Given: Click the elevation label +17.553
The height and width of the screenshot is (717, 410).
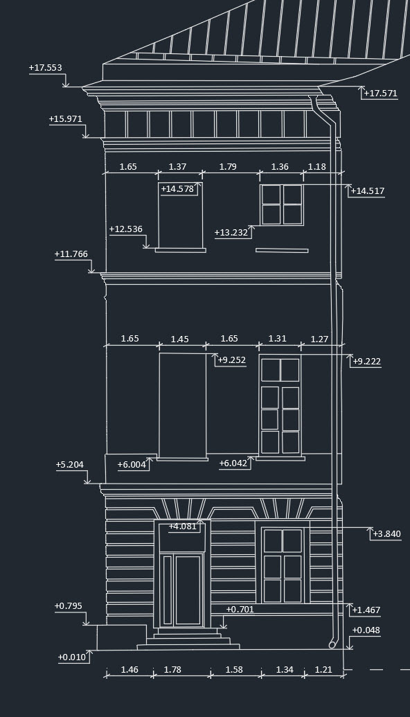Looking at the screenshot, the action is pyautogui.click(x=45, y=68).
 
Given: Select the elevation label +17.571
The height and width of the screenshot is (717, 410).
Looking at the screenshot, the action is pyautogui.click(x=380, y=94).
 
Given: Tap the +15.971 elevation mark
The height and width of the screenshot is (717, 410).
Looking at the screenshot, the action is pyautogui.click(x=65, y=119).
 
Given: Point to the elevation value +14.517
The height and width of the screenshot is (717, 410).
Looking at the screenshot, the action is pyautogui.click(x=368, y=191).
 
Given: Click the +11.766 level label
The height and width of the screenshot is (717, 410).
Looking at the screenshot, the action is pyautogui.click(x=71, y=254).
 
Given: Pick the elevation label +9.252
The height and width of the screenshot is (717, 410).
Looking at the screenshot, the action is pyautogui.click(x=232, y=360).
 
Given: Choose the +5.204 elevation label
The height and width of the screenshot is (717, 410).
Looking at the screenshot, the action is pyautogui.click(x=70, y=465).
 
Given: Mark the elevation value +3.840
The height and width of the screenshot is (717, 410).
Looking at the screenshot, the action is pyautogui.click(x=386, y=533).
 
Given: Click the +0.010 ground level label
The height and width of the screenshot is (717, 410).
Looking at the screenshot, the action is pyautogui.click(x=72, y=657).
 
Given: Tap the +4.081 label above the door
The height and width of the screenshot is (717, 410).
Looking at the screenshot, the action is pyautogui.click(x=182, y=526).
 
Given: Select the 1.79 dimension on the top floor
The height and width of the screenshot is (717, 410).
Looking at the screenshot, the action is pyautogui.click(x=228, y=166).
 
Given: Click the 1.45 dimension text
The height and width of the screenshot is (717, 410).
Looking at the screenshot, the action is pyautogui.click(x=179, y=339).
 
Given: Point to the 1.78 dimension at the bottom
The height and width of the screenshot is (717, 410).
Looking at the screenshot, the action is pyautogui.click(x=172, y=669).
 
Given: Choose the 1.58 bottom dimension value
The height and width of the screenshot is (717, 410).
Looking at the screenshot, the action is pyautogui.click(x=234, y=669).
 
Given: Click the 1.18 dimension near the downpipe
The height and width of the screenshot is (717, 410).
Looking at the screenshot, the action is pyautogui.click(x=317, y=166).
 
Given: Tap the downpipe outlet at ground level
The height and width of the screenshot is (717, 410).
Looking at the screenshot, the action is pyautogui.click(x=332, y=645).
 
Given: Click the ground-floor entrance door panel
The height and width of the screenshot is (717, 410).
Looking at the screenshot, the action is pyautogui.click(x=188, y=590).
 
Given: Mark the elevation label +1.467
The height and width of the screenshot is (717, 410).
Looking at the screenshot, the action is pyautogui.click(x=366, y=610).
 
